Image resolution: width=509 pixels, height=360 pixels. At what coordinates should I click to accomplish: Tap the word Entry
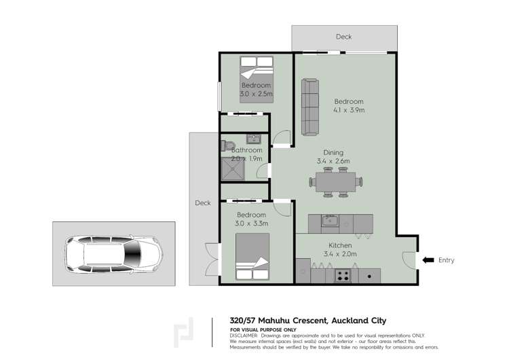tap(447, 260)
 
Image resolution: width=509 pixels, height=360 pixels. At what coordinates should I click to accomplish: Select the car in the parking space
tap(114, 254)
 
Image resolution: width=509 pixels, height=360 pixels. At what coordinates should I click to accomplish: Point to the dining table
tap(336, 182)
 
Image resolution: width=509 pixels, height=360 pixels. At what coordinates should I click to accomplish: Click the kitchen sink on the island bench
tap(331, 221)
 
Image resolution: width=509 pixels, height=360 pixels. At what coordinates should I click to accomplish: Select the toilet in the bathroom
tap(228, 145)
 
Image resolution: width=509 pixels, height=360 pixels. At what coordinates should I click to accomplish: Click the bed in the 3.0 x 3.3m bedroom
tap(252, 257)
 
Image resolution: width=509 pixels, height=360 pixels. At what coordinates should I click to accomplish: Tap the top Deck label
tap(344, 37)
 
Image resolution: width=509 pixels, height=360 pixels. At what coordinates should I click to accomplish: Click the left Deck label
tap(203, 203)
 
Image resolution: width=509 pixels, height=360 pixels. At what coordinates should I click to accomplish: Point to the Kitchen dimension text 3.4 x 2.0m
tap(340, 254)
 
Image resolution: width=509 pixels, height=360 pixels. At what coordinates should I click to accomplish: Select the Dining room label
tap(333, 153)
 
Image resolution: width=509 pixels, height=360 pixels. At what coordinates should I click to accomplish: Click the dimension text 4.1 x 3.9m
tap(349, 110)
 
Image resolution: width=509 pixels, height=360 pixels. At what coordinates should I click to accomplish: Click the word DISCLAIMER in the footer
tap(244, 335)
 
